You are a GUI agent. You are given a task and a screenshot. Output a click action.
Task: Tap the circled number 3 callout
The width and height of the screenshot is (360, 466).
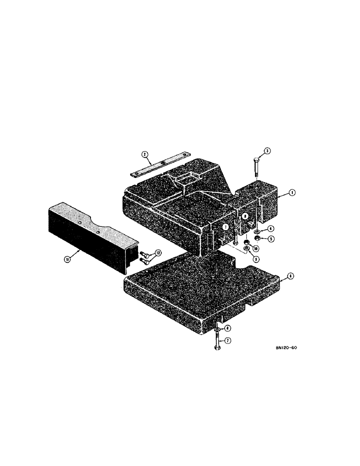tap(267, 151)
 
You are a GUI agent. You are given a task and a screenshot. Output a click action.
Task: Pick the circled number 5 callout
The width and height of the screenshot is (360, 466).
tap(270, 239)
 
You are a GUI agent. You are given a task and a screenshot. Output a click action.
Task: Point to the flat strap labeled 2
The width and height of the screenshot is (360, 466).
tap(159, 164)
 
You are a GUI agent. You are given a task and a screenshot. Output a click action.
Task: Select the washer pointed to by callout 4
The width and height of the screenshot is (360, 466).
tap(257, 231)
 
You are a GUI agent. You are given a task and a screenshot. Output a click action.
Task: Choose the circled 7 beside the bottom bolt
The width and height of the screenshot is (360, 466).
tap(228, 341)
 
